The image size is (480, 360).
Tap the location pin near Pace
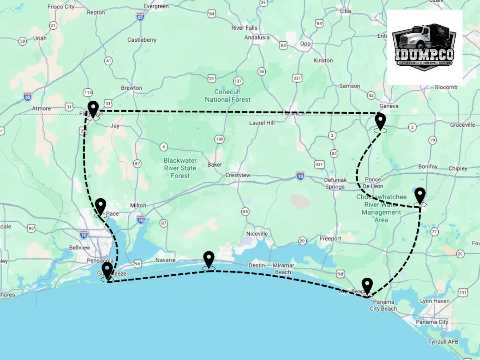click(x=101, y=207)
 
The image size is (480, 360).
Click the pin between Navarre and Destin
click(x=208, y=260)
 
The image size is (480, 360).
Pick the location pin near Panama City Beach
click(x=367, y=286)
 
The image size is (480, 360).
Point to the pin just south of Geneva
click(x=380, y=121)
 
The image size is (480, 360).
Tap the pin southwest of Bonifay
click(x=420, y=196)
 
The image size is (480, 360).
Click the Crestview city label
click(x=238, y=175)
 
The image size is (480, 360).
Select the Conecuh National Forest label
click(x=228, y=96)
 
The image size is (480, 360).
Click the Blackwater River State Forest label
click(x=180, y=168)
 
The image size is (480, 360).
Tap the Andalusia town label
click(x=257, y=37)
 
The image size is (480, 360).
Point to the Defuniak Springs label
click(x=335, y=183)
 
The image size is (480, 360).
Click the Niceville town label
click(x=257, y=233)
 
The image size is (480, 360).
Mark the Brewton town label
click(x=132, y=88)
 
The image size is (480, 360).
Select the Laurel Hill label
click(x=262, y=123)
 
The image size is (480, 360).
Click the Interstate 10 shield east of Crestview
click(x=300, y=176)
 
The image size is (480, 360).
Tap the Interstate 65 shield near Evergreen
click(x=140, y=17)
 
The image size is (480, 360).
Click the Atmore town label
click(x=42, y=108)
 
